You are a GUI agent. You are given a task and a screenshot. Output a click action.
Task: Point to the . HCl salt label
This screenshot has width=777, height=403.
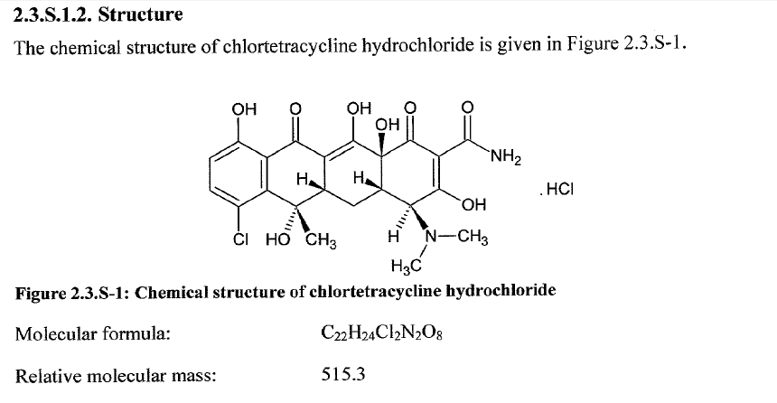[x=556, y=191]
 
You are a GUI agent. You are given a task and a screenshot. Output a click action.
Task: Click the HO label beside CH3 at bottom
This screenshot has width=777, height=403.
[x=277, y=240]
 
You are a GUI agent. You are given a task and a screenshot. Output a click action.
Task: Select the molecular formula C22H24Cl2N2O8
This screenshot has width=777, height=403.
[x=378, y=333]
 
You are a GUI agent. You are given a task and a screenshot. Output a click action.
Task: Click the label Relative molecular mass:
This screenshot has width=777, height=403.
[x=116, y=372]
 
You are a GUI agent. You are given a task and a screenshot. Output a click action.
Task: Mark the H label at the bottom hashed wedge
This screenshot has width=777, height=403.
[x=392, y=239]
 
